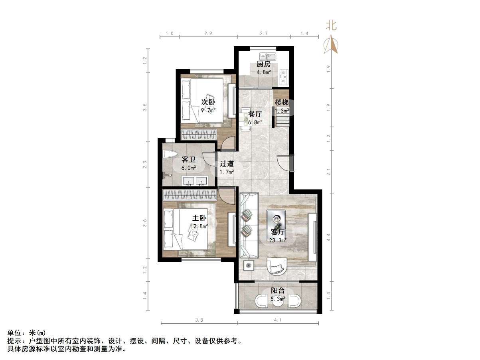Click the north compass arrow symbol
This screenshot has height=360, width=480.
click(x=331, y=45)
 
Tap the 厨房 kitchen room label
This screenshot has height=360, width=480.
click(x=264, y=64)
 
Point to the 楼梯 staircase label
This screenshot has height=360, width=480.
click(x=282, y=103)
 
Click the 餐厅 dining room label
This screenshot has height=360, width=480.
click(x=255, y=114)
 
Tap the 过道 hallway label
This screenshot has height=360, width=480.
click(x=227, y=164)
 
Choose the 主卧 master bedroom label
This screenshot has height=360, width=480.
click(x=199, y=218)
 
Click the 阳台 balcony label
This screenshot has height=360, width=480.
click(x=278, y=291)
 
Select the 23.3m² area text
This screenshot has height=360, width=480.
click(x=278, y=240)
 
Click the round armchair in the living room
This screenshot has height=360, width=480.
click(x=277, y=266)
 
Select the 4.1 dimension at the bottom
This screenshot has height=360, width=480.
click(x=278, y=320)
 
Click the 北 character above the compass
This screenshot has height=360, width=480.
click(x=332, y=26)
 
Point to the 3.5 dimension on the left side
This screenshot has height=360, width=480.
click(x=145, y=107)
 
